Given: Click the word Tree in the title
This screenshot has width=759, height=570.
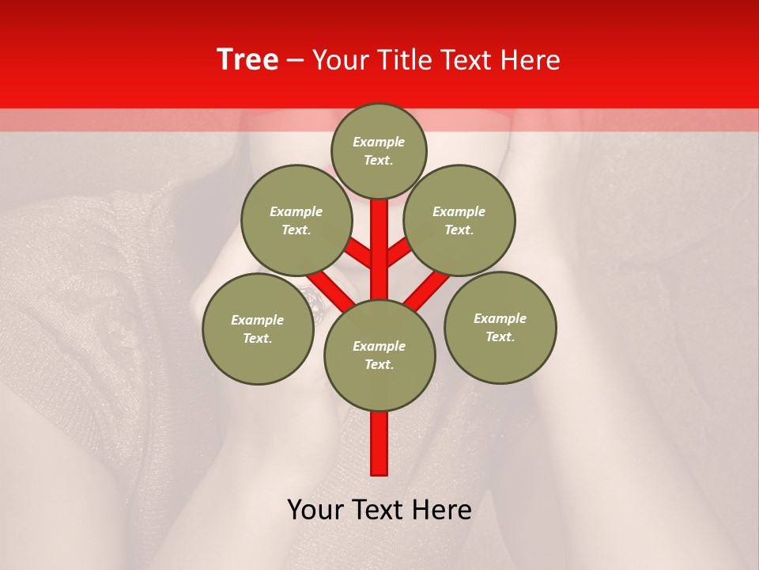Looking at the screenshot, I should tap(247, 60).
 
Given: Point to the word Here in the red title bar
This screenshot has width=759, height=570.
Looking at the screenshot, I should tap(530, 60).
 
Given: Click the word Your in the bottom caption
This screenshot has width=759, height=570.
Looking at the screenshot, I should tap(315, 511).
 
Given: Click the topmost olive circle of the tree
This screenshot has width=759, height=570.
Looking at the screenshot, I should tap(379, 150).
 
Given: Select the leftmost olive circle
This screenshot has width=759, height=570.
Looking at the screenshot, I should tap(258, 329).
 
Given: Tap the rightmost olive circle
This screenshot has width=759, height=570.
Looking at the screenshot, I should tap(500, 327).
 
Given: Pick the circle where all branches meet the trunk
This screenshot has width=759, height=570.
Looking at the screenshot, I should tap(379, 355).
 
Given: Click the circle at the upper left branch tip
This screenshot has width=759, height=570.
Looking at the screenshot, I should tap(296, 220).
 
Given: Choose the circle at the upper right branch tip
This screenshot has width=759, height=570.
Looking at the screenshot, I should tap(459, 220).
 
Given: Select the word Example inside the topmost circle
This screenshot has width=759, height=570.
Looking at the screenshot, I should tap(379, 142).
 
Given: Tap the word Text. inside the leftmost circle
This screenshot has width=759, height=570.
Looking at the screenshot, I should tap(258, 339).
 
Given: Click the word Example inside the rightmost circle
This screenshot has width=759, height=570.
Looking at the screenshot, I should tap(500, 318).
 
